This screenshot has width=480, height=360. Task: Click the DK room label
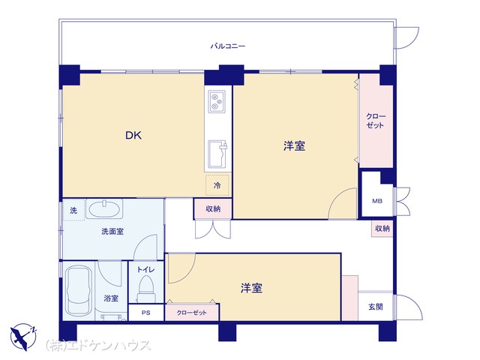click(133, 135)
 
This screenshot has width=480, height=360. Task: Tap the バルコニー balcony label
click(228, 46)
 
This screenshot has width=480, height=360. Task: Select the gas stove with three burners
click(217, 101)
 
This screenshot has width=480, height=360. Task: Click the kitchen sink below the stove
click(217, 154)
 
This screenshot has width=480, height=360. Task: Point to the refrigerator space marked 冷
click(217, 185)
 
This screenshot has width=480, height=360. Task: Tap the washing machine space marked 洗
click(73, 210)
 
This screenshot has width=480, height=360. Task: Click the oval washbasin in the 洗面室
click(104, 208)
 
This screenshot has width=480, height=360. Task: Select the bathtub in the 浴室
click(79, 290)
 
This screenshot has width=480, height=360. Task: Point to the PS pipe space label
click(146, 313)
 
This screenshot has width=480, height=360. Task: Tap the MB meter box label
click(377, 201)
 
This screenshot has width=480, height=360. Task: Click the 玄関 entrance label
click(376, 307)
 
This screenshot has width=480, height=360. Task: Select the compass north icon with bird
click(23, 337)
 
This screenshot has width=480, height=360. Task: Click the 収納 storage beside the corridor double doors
click(213, 209)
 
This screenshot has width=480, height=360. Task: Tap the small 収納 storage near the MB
click(382, 228)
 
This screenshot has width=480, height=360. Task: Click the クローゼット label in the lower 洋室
click(192, 313)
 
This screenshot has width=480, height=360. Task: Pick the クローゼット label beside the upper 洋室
click(376, 121)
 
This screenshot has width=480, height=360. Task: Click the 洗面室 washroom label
click(112, 232)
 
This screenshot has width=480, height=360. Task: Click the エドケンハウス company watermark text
click(98, 346)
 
